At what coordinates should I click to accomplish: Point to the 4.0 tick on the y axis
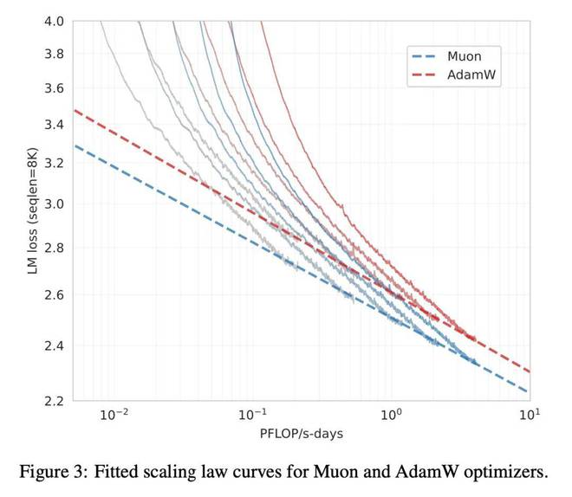click(53, 22)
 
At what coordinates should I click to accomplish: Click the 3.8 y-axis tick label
click(53, 54)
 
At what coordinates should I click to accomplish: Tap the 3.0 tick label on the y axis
click(53, 204)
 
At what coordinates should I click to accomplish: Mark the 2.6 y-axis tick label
click(53, 295)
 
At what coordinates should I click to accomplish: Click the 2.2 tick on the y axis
click(53, 401)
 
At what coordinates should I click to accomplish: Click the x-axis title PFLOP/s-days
click(301, 433)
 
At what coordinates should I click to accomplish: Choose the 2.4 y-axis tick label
click(53, 345)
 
